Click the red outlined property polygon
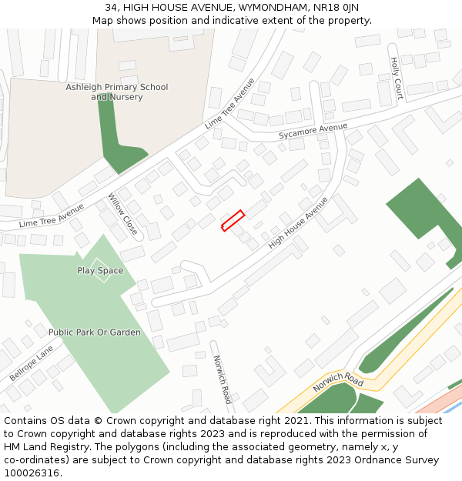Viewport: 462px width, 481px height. click(233, 221)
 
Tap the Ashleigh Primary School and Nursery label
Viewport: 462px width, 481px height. click(116, 92)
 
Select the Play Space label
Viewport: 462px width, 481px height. click(100, 270)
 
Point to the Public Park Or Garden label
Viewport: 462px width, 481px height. click(95, 332)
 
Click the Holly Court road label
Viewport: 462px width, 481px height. click(397, 79)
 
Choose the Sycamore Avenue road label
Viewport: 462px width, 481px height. click(313, 131)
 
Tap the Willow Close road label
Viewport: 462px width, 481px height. click(123, 214)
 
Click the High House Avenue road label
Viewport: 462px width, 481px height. click(298, 222)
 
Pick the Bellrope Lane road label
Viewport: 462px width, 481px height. click(32, 363)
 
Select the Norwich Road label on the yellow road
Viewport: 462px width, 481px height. click(338, 382)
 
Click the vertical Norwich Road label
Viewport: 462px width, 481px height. click(221, 379)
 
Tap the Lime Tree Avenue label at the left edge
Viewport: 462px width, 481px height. click(51, 215)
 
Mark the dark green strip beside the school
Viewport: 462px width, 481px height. click(115, 142)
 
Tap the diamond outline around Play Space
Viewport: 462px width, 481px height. click(100, 259)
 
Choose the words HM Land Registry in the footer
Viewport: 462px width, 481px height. click(41, 447)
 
